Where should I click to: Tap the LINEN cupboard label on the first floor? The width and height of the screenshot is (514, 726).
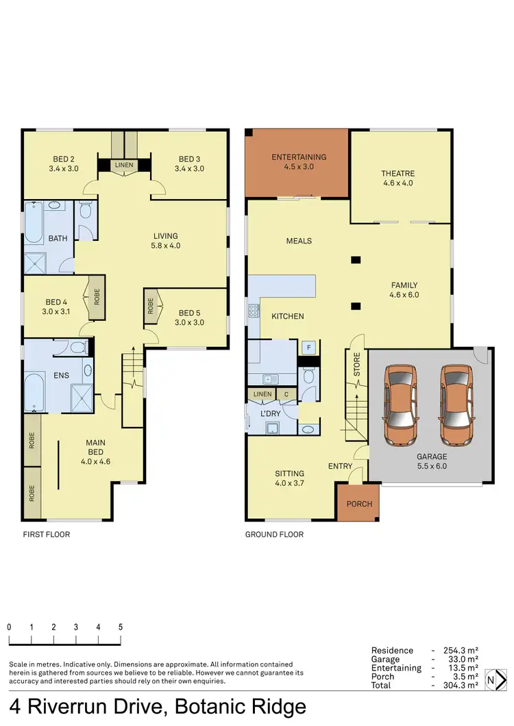[x=124, y=165]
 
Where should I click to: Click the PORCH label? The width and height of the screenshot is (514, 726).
[x=359, y=504]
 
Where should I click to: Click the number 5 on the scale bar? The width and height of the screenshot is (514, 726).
[x=121, y=627]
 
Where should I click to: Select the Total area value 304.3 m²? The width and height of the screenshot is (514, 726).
[x=460, y=685]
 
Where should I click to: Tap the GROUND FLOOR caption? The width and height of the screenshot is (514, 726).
[x=274, y=534]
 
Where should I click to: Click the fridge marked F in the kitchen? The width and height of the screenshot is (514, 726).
[x=309, y=348]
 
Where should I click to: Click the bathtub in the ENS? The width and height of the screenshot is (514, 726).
[x=34, y=393]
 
